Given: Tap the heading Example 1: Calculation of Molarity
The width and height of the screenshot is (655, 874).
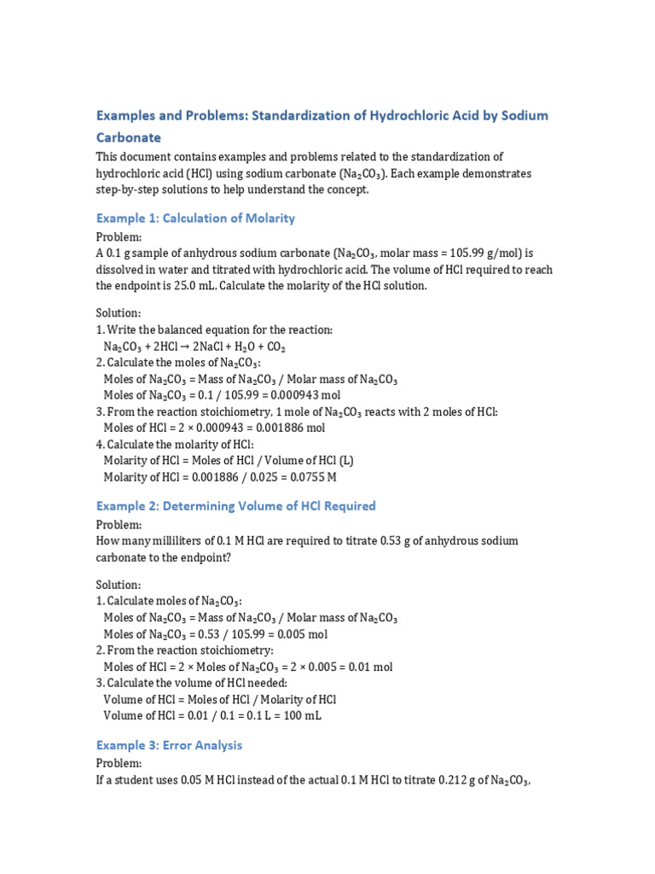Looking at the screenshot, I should [195, 218].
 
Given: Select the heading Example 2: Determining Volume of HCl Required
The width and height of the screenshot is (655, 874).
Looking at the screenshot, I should [235, 505].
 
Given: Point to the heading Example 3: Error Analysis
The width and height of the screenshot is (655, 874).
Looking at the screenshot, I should [169, 744].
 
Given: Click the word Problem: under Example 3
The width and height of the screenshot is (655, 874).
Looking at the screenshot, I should [119, 762].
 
